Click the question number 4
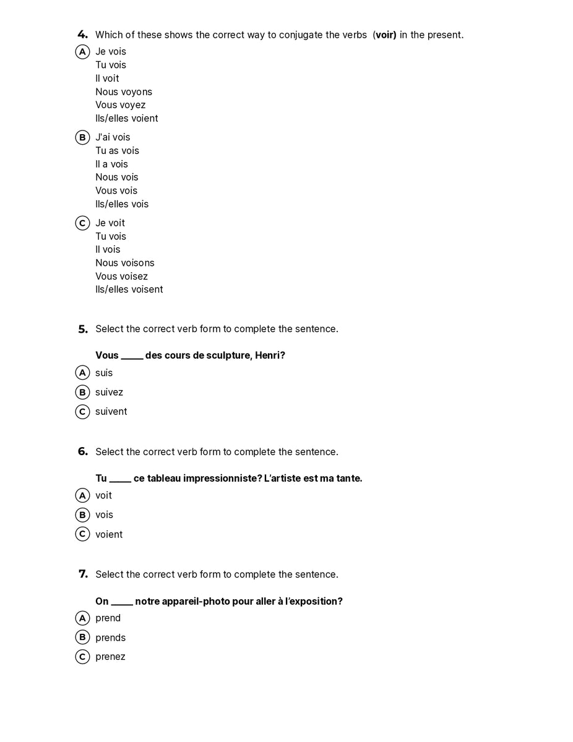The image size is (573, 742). click(x=82, y=35)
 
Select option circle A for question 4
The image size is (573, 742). click(x=82, y=52)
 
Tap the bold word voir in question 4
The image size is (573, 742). click(x=386, y=35)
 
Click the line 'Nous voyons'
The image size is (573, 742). click(x=124, y=92)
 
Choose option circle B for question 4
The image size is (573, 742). click(x=82, y=137)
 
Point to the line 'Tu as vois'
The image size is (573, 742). click(x=117, y=151)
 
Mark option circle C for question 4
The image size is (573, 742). click(x=82, y=223)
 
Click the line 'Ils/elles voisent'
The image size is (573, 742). click(x=129, y=289)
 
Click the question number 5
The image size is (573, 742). click(x=83, y=329)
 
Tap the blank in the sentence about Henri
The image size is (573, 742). click(x=132, y=356)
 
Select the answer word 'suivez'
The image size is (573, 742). click(x=109, y=392)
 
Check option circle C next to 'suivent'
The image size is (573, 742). click(x=82, y=412)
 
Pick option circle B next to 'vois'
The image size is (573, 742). click(x=82, y=515)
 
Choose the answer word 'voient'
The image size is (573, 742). click(x=109, y=534)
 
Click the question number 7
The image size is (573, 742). click(x=83, y=574)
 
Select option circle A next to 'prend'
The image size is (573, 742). click(x=82, y=618)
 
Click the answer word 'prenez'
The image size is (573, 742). click(x=110, y=657)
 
